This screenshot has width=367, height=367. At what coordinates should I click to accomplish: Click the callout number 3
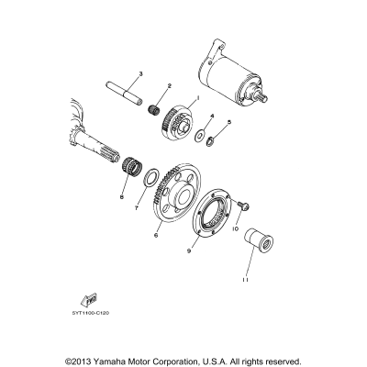click(140, 73)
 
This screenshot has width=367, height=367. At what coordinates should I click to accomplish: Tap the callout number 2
click(170, 88)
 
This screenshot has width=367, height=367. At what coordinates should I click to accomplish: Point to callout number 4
click(211, 117)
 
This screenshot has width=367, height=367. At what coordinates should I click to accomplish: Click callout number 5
click(228, 121)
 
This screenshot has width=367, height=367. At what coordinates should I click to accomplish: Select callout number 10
click(235, 226)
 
